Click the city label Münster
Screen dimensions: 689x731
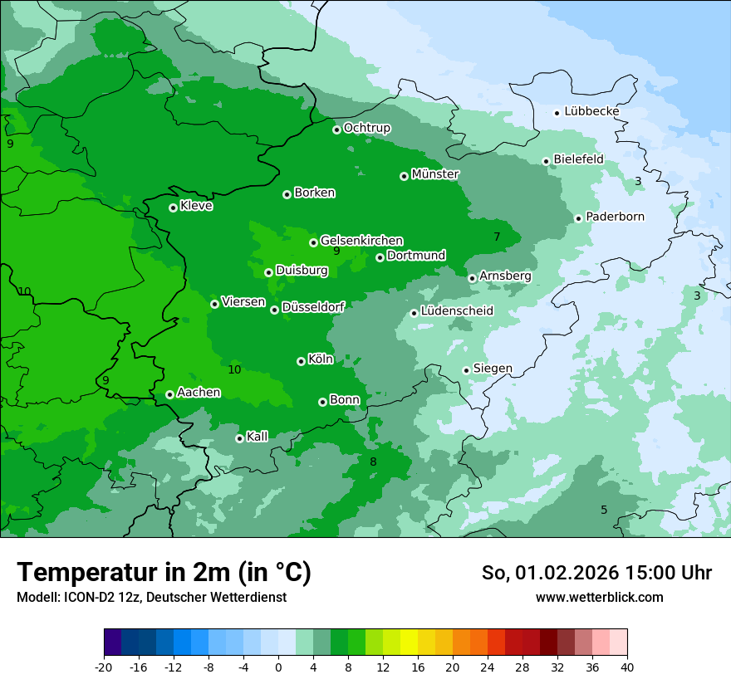pos(435,174)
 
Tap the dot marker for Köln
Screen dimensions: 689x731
pos(301,361)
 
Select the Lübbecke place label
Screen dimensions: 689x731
pos(591,111)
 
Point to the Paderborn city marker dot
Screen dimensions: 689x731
pos(578,218)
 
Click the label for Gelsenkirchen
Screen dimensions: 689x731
pos(361,241)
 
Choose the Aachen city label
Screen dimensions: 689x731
pos(199,393)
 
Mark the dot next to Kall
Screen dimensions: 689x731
pos(239,438)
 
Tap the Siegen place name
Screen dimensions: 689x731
pos(493,369)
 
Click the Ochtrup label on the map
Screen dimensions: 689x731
pos(366,128)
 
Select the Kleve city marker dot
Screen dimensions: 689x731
pos(173,208)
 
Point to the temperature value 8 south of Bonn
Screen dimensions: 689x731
pos(373,462)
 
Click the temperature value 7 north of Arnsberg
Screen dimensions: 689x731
pos(497,237)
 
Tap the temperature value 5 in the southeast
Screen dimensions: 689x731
pos(604,510)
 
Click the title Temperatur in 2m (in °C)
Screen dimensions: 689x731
pos(164,572)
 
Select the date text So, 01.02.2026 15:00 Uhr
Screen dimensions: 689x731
pos(596,573)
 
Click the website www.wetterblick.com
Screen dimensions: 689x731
pos(599,597)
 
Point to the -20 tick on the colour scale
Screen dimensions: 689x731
pos(104,667)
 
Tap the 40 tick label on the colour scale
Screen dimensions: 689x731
pos(626,667)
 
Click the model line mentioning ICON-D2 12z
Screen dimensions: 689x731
pos(151,597)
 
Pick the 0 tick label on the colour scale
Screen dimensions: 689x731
pos(278,667)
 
